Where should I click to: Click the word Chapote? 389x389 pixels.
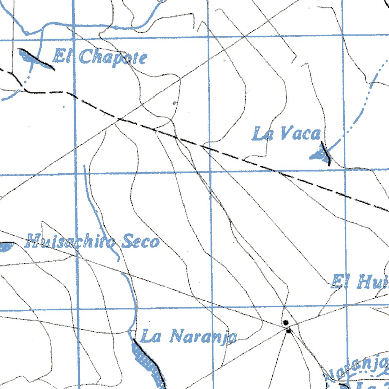click(x=113, y=58)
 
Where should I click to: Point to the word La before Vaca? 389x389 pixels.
click(x=262, y=134)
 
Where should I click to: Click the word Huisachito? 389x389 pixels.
click(x=72, y=242)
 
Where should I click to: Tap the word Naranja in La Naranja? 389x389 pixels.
click(x=203, y=337)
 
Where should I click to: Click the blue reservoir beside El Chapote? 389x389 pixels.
click(x=27, y=57)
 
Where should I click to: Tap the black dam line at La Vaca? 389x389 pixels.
click(x=326, y=153)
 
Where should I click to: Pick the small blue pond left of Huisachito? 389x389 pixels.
click(x=5, y=247)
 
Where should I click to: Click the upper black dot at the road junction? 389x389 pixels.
click(x=286, y=323)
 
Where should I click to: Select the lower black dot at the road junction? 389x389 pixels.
click(x=289, y=331)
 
